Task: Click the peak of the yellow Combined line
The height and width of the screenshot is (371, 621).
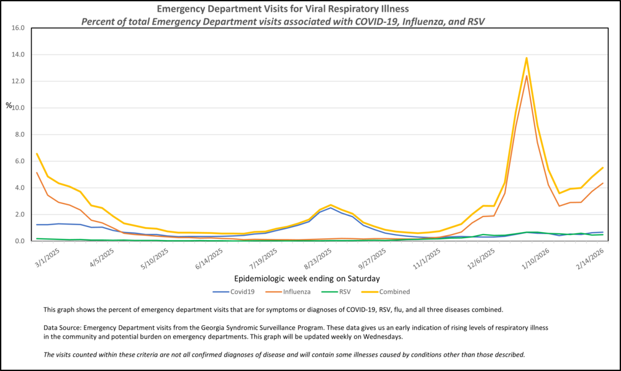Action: click(527, 58)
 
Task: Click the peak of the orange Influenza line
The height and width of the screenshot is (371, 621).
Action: click(527, 76)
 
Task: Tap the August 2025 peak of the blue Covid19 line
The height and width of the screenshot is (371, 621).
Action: click(331, 208)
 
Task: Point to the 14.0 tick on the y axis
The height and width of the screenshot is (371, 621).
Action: click(17, 55)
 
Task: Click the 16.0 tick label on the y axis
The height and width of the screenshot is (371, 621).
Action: click(17, 28)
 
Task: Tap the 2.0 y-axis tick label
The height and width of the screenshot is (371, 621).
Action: click(19, 214)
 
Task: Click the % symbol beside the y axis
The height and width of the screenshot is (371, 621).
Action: click(9, 105)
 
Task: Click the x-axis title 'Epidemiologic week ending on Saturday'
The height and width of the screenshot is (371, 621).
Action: click(307, 278)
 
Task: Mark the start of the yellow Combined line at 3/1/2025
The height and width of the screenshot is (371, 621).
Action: click(37, 153)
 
